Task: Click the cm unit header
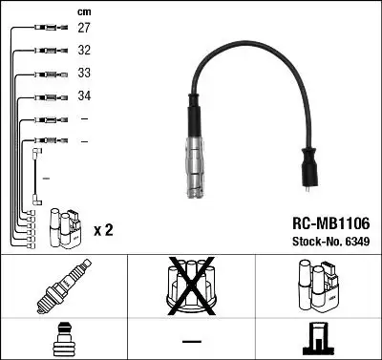pyautogui.click(x=83, y=11)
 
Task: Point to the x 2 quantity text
pyautogui.click(x=104, y=230)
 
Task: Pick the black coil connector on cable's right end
pyautogui.click(x=311, y=170)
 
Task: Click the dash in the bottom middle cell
pyautogui.click(x=191, y=341)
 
